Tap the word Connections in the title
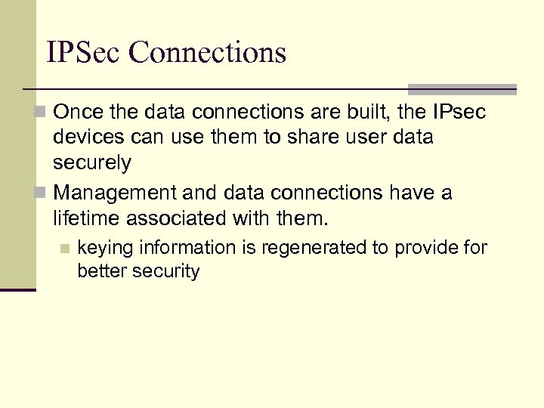pos(208,52)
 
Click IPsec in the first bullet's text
pos(459,113)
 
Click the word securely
pos(92,163)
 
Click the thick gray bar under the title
pos(462,88)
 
